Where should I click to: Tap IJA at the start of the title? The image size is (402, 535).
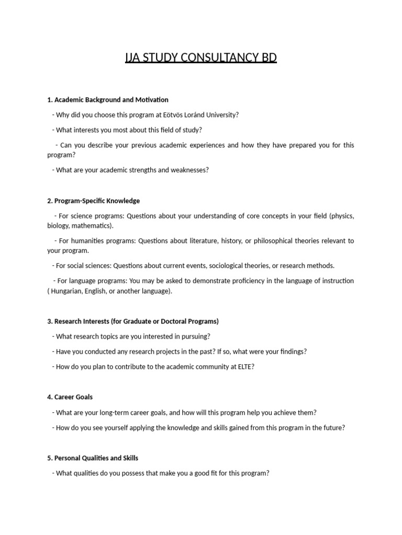pos(133,57)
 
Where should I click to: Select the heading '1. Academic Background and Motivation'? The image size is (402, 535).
pos(108,99)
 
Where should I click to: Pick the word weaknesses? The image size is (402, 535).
pos(189,170)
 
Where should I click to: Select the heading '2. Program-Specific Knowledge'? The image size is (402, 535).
pos(94,201)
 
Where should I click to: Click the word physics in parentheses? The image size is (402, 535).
pos(341,216)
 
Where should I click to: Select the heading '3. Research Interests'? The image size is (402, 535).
pos(133,321)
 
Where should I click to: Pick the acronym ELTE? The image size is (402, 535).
pos(244,367)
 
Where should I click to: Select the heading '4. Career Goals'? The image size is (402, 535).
pos(70,397)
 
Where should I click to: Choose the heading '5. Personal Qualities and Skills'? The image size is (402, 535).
pos(93,458)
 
